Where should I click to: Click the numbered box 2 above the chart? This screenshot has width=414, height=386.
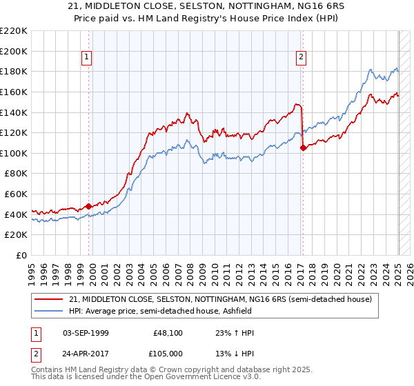[302, 58]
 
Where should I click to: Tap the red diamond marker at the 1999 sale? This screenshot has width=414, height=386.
[88, 205]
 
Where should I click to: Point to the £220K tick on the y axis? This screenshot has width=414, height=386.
[14, 31]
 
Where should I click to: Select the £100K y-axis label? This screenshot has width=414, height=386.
[14, 153]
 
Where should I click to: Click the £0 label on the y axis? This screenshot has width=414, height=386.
[21, 255]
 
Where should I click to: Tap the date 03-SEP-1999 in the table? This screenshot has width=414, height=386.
[85, 334]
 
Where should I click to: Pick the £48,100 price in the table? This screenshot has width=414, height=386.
[168, 334]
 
